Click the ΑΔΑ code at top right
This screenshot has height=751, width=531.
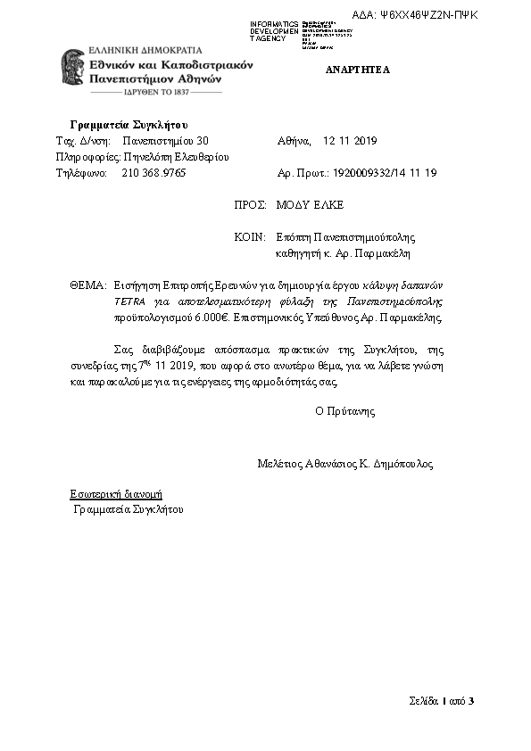427,15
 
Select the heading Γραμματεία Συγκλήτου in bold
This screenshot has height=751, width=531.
129,124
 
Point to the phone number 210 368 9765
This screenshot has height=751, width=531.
153,173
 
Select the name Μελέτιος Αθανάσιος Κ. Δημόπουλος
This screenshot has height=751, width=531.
344,464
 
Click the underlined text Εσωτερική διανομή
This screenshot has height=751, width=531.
116,493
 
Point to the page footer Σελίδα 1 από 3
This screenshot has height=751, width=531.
442,700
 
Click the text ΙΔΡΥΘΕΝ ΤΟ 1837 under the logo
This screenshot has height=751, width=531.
157,92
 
